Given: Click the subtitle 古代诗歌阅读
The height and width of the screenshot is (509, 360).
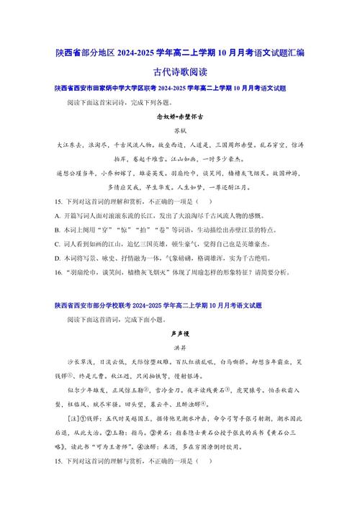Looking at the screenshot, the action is (179, 72).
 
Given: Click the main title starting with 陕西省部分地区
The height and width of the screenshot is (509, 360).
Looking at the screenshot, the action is (180, 52).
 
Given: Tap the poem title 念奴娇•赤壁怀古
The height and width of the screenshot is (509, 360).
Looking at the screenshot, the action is (179, 116).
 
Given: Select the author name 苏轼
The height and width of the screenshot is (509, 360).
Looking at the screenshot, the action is (179, 130).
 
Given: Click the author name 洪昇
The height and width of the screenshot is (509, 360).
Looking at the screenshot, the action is (179, 348).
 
